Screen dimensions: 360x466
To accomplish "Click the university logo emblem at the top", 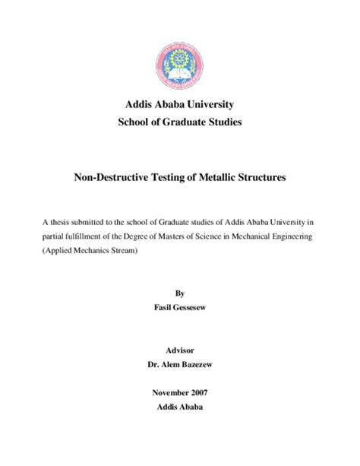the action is (179, 60).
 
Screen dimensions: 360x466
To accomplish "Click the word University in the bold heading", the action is (210, 103).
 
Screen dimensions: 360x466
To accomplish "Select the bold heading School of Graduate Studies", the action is (179, 122).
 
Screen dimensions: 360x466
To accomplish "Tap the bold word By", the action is (179, 292).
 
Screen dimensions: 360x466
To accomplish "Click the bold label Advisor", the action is (179, 350).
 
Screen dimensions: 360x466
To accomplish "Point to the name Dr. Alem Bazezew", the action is (179, 365).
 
